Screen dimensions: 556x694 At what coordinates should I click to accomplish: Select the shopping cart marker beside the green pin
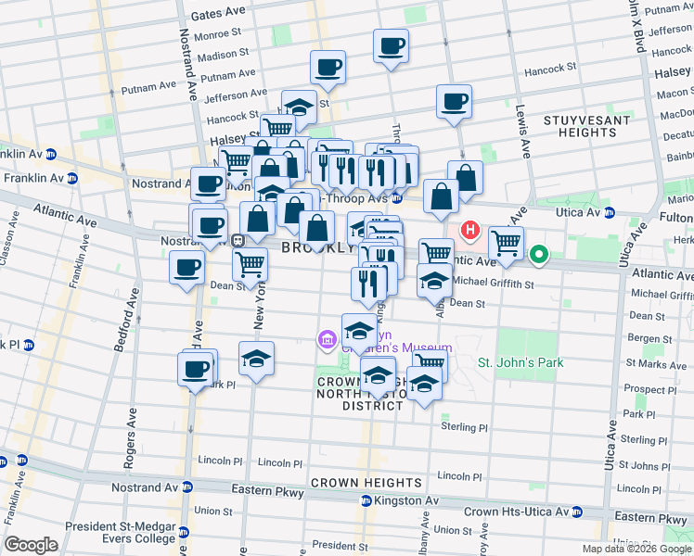(506, 244)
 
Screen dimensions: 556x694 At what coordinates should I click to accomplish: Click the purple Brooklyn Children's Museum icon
(327, 341)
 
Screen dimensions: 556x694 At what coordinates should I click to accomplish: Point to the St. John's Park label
(520, 362)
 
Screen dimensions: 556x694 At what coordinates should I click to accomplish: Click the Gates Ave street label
(219, 16)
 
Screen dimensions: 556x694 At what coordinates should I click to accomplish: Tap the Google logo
(31, 545)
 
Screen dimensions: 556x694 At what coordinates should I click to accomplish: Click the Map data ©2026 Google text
(636, 549)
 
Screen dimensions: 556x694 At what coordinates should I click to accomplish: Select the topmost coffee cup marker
(391, 45)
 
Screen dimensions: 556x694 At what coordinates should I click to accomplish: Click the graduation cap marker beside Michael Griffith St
(434, 281)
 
